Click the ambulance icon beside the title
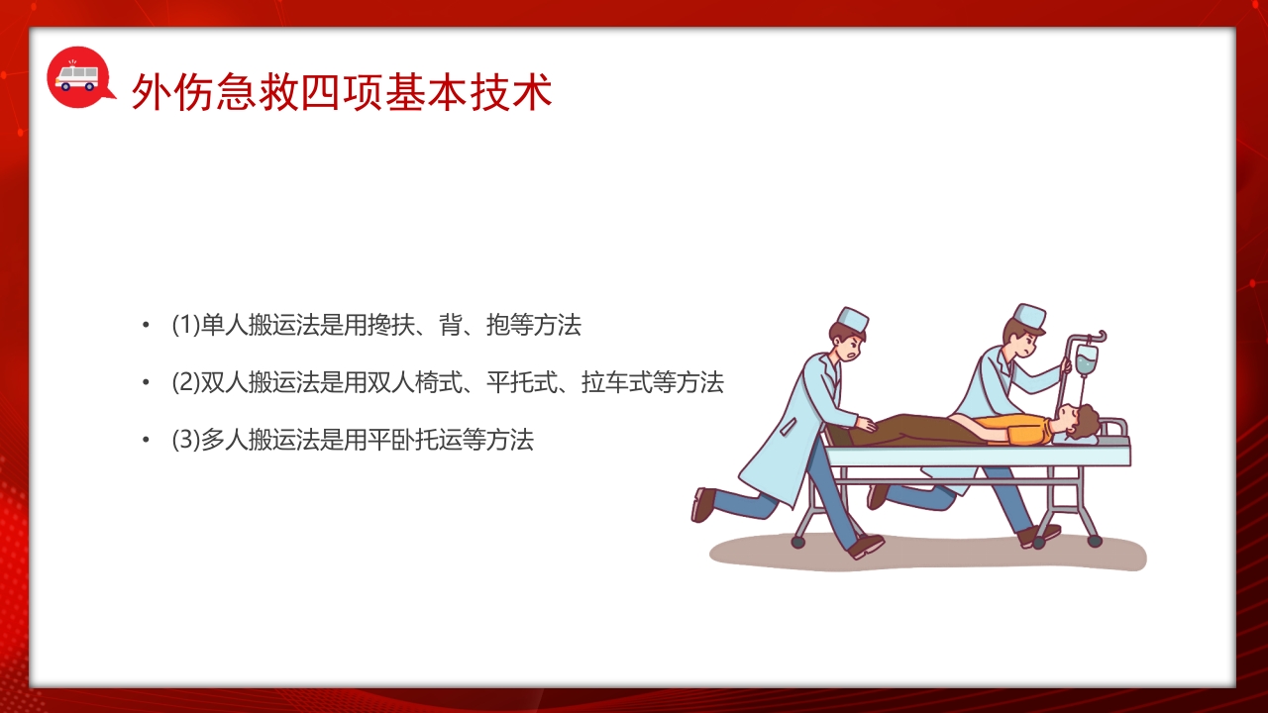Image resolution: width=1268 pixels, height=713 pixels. [x=77, y=76]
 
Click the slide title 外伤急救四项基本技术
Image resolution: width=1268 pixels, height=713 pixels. [x=342, y=92]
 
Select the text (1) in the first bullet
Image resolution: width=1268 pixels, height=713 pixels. [x=185, y=325]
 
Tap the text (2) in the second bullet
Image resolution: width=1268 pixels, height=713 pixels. [x=185, y=382]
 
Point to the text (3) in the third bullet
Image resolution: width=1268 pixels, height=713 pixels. [x=185, y=440]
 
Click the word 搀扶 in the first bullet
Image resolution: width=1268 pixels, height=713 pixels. [x=390, y=325]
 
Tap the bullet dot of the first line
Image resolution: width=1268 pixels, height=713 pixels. [x=146, y=325]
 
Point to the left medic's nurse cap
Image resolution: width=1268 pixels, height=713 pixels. [x=852, y=319]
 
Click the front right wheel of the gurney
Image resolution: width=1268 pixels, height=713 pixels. [x=1094, y=541]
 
